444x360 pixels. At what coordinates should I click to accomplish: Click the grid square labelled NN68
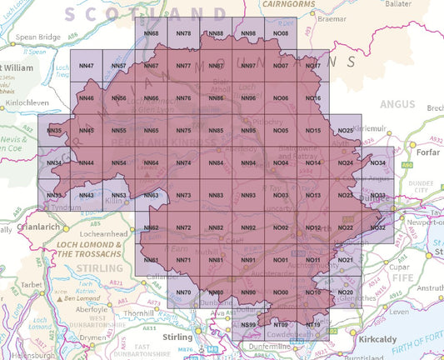click(x=151, y=33)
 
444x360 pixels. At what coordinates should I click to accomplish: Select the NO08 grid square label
click(x=281, y=33)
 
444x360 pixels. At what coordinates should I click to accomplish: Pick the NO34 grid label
click(x=377, y=163)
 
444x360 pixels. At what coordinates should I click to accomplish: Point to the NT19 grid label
click(x=313, y=324)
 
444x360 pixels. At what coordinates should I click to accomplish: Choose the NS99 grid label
click(x=248, y=324)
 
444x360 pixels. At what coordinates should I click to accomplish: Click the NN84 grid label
click(x=216, y=163)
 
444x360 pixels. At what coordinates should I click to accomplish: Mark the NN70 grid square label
click(x=183, y=292)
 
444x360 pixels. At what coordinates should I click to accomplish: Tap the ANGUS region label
click(x=396, y=104)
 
